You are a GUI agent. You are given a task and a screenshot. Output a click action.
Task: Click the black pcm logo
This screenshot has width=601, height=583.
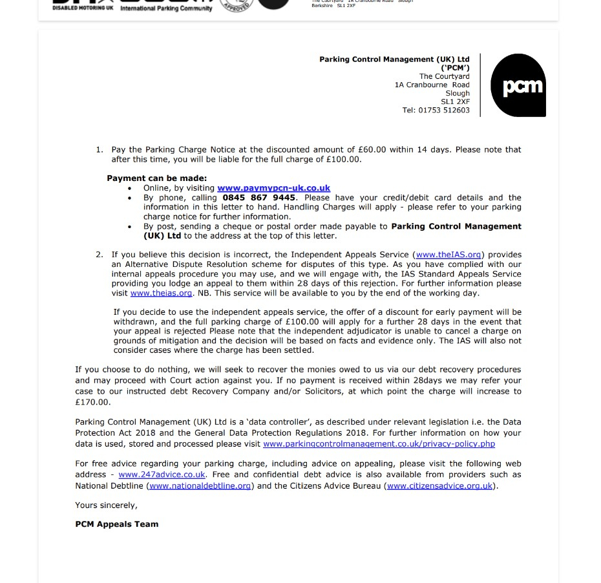tap(518, 85)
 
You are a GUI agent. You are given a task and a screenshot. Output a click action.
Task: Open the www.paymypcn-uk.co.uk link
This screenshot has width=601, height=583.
tap(273, 188)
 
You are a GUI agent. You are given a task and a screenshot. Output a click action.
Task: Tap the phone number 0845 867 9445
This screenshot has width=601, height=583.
tap(259, 198)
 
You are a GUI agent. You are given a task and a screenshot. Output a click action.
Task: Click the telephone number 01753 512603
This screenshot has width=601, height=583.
tap(445, 111)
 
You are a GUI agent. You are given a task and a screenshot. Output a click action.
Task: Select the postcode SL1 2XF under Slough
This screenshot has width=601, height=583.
tap(455, 102)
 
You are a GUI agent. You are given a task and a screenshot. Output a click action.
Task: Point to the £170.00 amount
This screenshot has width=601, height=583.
tap(92, 402)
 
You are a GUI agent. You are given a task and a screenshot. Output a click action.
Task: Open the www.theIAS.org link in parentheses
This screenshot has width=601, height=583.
tap(448, 255)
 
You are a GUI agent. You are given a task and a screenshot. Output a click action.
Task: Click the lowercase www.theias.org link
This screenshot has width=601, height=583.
tap(161, 293)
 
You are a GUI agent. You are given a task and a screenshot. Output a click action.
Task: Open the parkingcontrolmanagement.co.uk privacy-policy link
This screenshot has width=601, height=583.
tap(379, 444)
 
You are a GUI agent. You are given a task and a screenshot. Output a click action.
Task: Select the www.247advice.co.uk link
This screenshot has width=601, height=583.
tap(162, 474)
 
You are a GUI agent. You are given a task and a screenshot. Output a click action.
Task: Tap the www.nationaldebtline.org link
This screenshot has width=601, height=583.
tap(200, 486)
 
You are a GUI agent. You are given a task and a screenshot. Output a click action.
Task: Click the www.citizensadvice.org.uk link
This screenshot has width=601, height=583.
tap(440, 486)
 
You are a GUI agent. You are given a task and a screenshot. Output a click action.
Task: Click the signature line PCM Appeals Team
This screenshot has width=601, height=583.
tap(116, 524)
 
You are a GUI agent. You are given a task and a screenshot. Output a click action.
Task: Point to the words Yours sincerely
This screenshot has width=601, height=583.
tap(106, 505)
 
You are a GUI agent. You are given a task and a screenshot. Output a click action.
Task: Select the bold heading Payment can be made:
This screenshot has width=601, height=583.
tap(156, 178)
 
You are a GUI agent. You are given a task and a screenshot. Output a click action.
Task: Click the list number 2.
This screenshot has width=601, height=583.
tap(99, 255)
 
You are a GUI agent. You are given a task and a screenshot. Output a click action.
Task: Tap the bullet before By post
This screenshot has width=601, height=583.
tap(130, 227)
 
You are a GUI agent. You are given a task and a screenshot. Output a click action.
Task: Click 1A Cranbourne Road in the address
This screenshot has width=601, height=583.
tap(432, 85)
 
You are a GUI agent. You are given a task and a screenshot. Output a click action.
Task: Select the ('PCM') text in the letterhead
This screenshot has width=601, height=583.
tap(455, 68)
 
